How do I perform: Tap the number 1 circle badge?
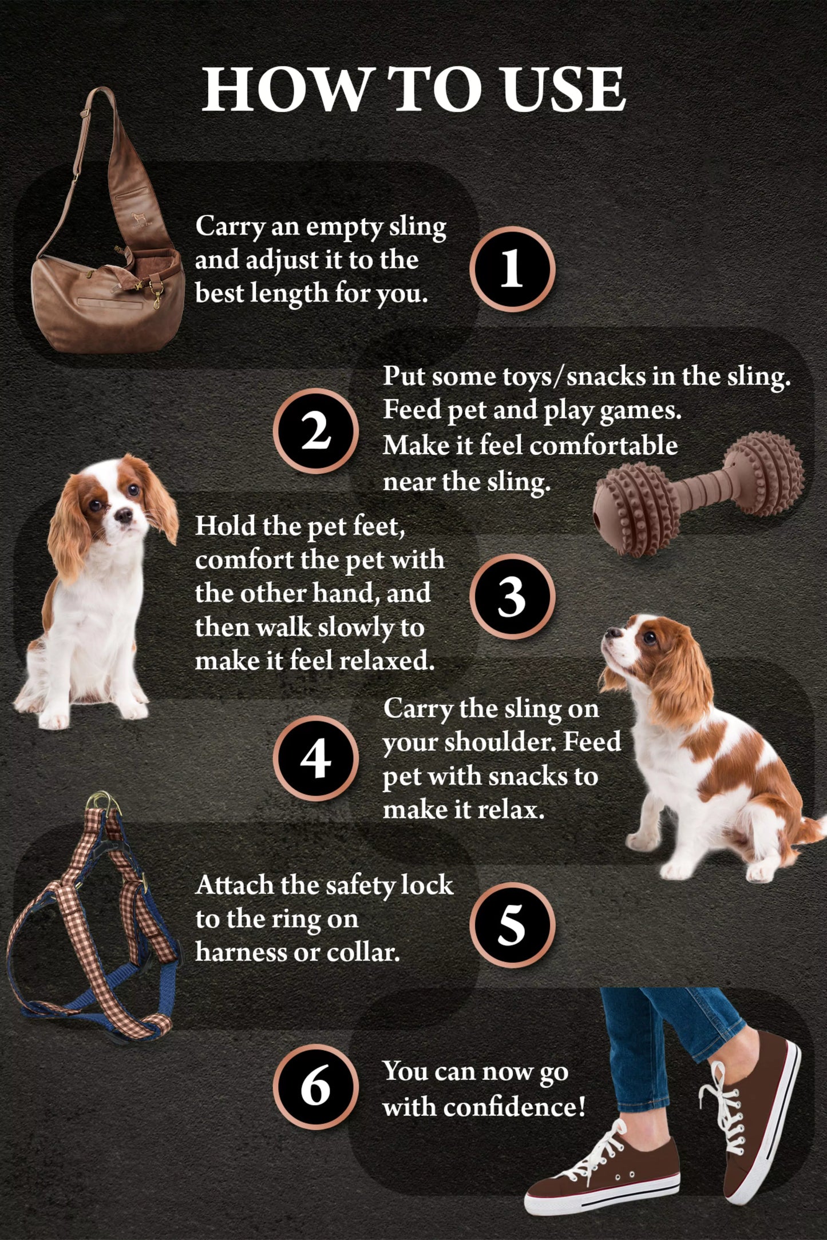512,269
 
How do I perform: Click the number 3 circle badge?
512,597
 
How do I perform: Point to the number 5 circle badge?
512,925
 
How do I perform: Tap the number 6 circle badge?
316,1087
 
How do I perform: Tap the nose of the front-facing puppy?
122,516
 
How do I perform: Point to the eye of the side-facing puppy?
648,637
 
